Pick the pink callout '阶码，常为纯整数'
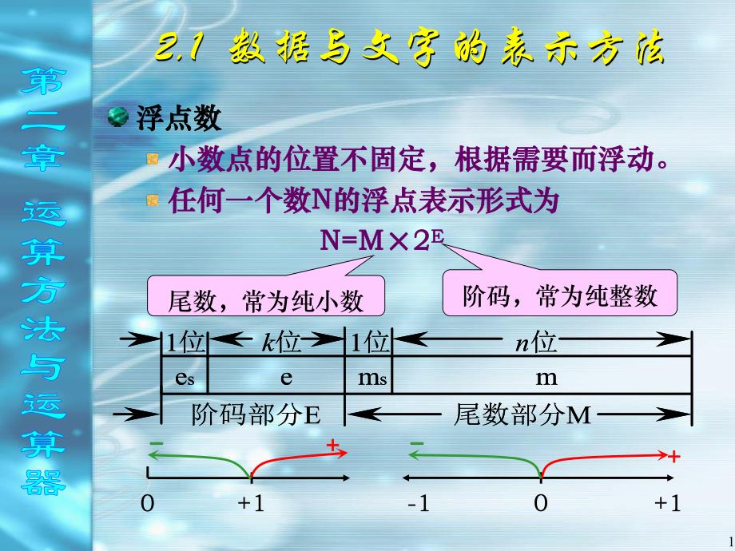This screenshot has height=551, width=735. (x=559, y=295)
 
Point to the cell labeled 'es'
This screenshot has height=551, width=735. (x=184, y=378)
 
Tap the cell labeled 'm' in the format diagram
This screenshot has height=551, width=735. (x=546, y=378)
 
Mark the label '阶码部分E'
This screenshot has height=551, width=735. (x=256, y=414)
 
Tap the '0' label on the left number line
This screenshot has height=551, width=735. (x=147, y=504)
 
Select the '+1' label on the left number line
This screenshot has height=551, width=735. (x=250, y=504)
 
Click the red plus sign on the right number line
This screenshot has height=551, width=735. (x=673, y=458)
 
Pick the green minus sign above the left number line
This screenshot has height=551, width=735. (x=155, y=443)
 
